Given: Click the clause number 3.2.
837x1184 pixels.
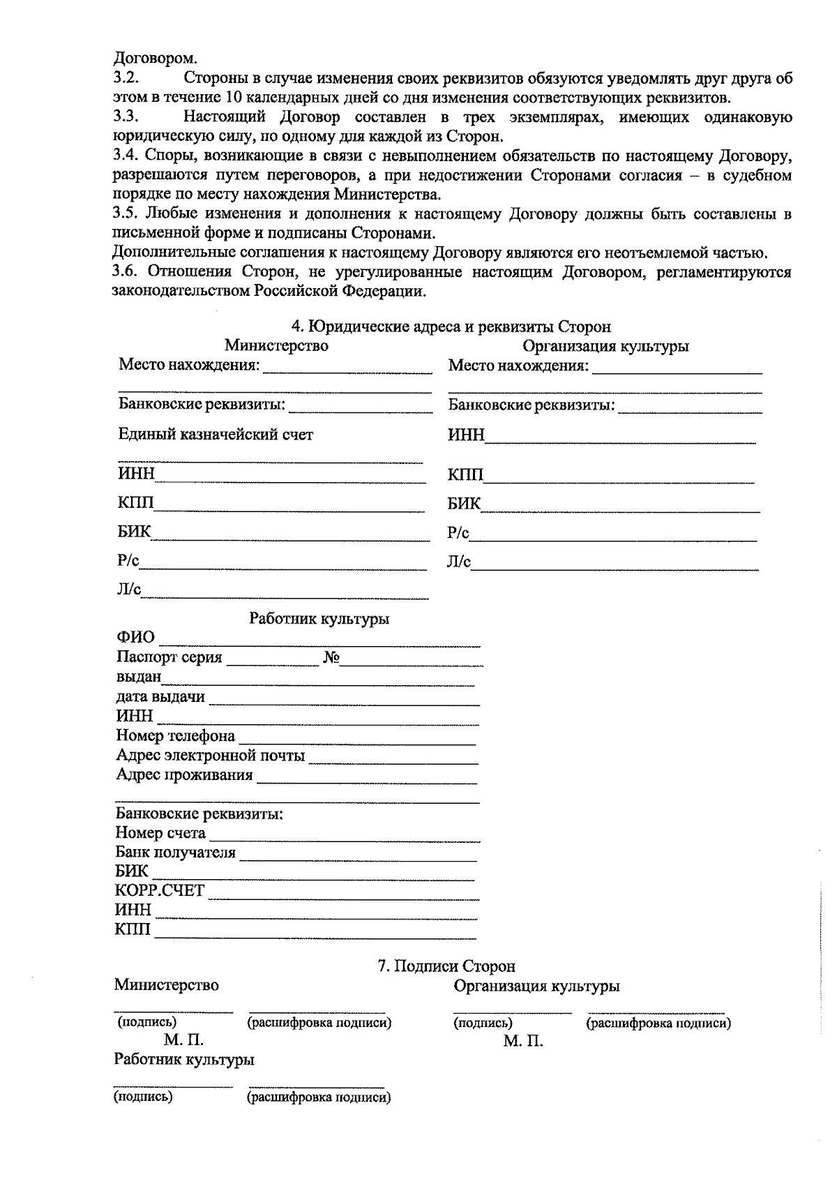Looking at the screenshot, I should point(128,79).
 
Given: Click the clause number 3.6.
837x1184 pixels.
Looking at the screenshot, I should point(127,272).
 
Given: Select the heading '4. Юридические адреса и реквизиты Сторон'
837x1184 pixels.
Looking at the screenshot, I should point(451,327).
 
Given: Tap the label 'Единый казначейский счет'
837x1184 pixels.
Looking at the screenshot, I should point(216,435).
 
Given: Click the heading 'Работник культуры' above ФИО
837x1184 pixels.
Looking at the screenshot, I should point(319,619).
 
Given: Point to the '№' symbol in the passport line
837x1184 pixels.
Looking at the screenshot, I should point(331,658).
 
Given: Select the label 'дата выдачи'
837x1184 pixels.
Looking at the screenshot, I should point(160,697).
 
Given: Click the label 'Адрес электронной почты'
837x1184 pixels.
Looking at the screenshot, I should point(210,756).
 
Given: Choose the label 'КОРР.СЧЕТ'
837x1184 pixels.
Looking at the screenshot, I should point(160,891).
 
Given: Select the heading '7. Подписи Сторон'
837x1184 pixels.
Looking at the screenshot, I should point(446,966).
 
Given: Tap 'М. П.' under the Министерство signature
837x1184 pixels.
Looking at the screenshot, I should point(183,1041).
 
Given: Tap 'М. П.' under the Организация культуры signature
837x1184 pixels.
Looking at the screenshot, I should point(523,1042).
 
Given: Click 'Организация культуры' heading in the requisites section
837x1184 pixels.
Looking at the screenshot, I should point(605,346).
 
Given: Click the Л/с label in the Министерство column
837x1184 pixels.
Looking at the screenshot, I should point(129,591).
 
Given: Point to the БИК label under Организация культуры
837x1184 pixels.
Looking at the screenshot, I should point(464,504).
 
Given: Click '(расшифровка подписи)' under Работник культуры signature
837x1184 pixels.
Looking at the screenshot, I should point(319,1097).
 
